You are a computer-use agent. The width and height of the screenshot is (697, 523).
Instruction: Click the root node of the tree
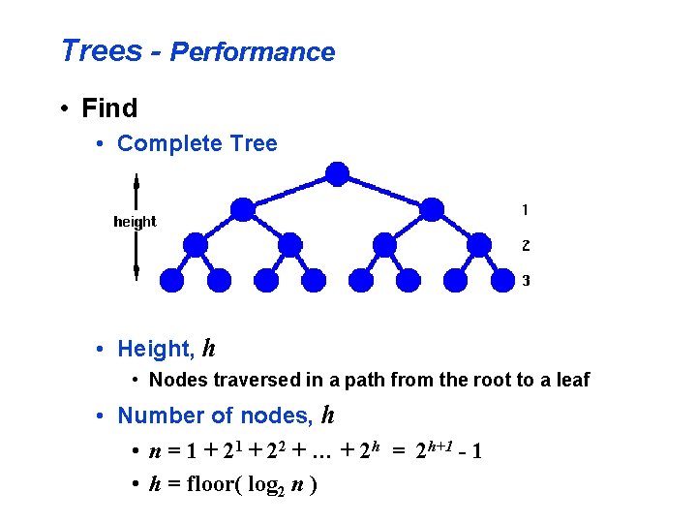[x=337, y=174]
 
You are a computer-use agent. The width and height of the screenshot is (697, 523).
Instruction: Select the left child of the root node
[x=243, y=208]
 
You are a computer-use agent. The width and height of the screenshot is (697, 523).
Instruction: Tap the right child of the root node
[x=432, y=208]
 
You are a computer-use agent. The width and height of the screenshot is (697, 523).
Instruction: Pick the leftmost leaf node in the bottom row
[x=172, y=280]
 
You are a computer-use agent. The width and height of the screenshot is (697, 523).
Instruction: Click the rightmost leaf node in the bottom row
[x=502, y=280]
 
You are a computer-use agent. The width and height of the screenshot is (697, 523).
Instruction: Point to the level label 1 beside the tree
[x=525, y=209]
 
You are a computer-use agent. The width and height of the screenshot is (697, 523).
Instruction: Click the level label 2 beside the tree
[x=525, y=245]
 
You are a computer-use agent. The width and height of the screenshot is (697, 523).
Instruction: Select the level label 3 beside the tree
[x=525, y=281]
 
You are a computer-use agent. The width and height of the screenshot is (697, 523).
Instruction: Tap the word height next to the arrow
[x=135, y=222]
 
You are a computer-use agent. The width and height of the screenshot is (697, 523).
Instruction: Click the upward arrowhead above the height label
[x=136, y=181]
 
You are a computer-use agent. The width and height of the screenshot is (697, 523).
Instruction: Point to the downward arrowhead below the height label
[x=136, y=266]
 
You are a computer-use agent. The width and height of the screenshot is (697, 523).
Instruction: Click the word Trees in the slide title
[x=101, y=50]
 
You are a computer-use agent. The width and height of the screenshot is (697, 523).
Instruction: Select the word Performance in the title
[x=253, y=52]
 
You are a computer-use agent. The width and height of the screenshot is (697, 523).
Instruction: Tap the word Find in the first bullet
[x=110, y=108]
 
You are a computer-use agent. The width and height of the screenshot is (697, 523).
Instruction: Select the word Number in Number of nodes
[x=160, y=416]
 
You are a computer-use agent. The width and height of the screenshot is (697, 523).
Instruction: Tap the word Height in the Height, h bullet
[x=153, y=349]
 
